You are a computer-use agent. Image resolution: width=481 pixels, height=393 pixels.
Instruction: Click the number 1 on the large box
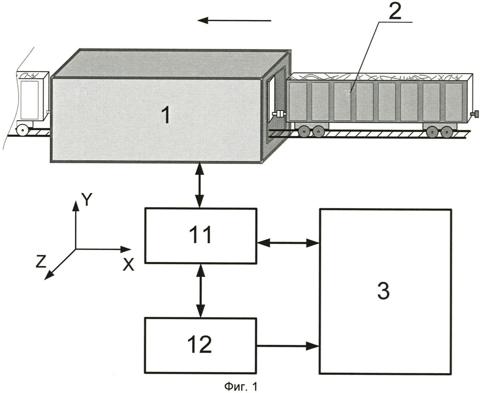click(165, 116)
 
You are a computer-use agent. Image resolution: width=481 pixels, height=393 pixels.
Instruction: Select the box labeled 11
click(200, 235)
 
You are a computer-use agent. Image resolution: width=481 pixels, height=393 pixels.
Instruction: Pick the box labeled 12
click(200, 345)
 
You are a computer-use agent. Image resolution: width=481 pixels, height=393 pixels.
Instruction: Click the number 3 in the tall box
click(383, 291)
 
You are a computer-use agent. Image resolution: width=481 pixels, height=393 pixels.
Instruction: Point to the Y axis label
click(87, 199)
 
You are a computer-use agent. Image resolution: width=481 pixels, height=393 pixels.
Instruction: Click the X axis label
click(128, 265)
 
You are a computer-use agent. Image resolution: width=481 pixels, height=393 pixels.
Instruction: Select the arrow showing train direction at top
click(234, 21)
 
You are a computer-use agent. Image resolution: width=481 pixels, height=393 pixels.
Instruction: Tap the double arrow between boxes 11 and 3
click(287, 243)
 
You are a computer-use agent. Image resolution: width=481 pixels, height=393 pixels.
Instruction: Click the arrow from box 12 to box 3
click(287, 346)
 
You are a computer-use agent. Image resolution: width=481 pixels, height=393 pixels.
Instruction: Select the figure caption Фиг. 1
click(241, 387)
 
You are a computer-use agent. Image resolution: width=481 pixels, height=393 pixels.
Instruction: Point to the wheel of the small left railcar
click(22, 130)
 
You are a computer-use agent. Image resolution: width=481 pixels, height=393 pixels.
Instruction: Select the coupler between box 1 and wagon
click(279, 115)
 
